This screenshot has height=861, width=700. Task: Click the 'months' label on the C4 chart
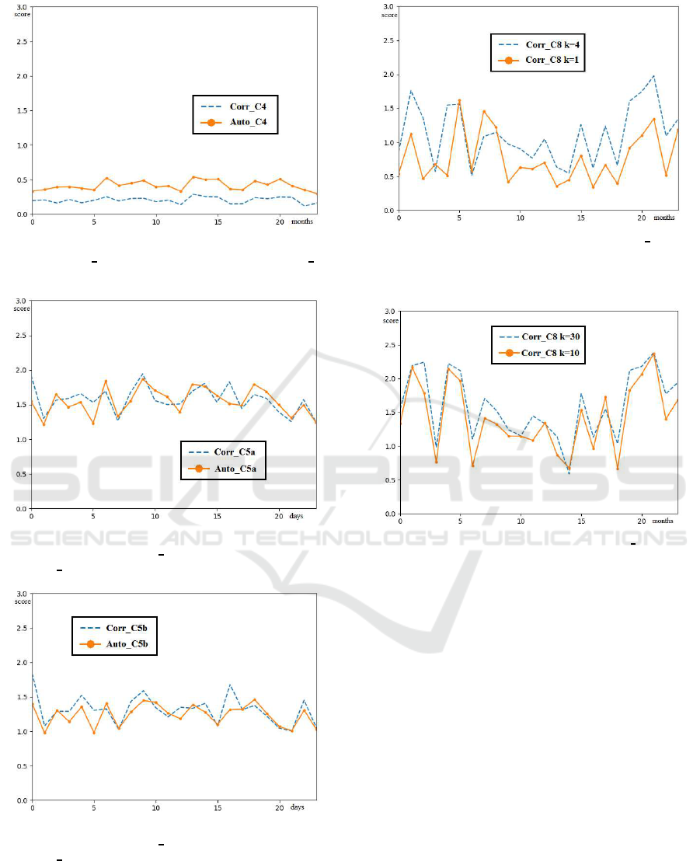303,223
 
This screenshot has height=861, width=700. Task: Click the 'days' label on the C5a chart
298,517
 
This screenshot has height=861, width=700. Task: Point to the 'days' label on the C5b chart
298,808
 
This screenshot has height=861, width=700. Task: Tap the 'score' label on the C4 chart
21,14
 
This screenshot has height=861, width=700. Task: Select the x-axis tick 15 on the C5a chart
218,517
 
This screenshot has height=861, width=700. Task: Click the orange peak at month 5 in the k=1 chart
459,100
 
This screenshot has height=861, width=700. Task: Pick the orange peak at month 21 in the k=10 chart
653,354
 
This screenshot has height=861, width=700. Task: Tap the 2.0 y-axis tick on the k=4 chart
388,75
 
